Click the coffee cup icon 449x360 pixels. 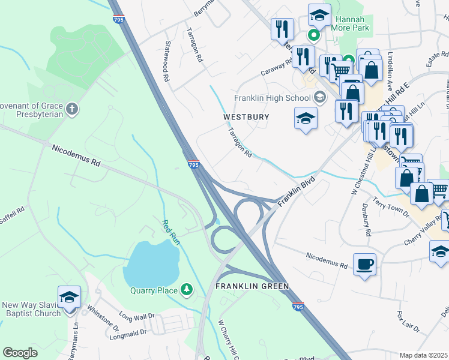pyautogui.click(x=364, y=264)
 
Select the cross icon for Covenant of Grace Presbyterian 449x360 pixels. pyautogui.click(x=71, y=109)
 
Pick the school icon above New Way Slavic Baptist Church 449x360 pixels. pyautogui.click(x=69, y=297)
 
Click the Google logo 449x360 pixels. pyautogui.click(x=20, y=352)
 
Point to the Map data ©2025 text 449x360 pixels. pyautogui.click(x=423, y=355)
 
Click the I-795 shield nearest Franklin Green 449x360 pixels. pyautogui.click(x=298, y=307)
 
